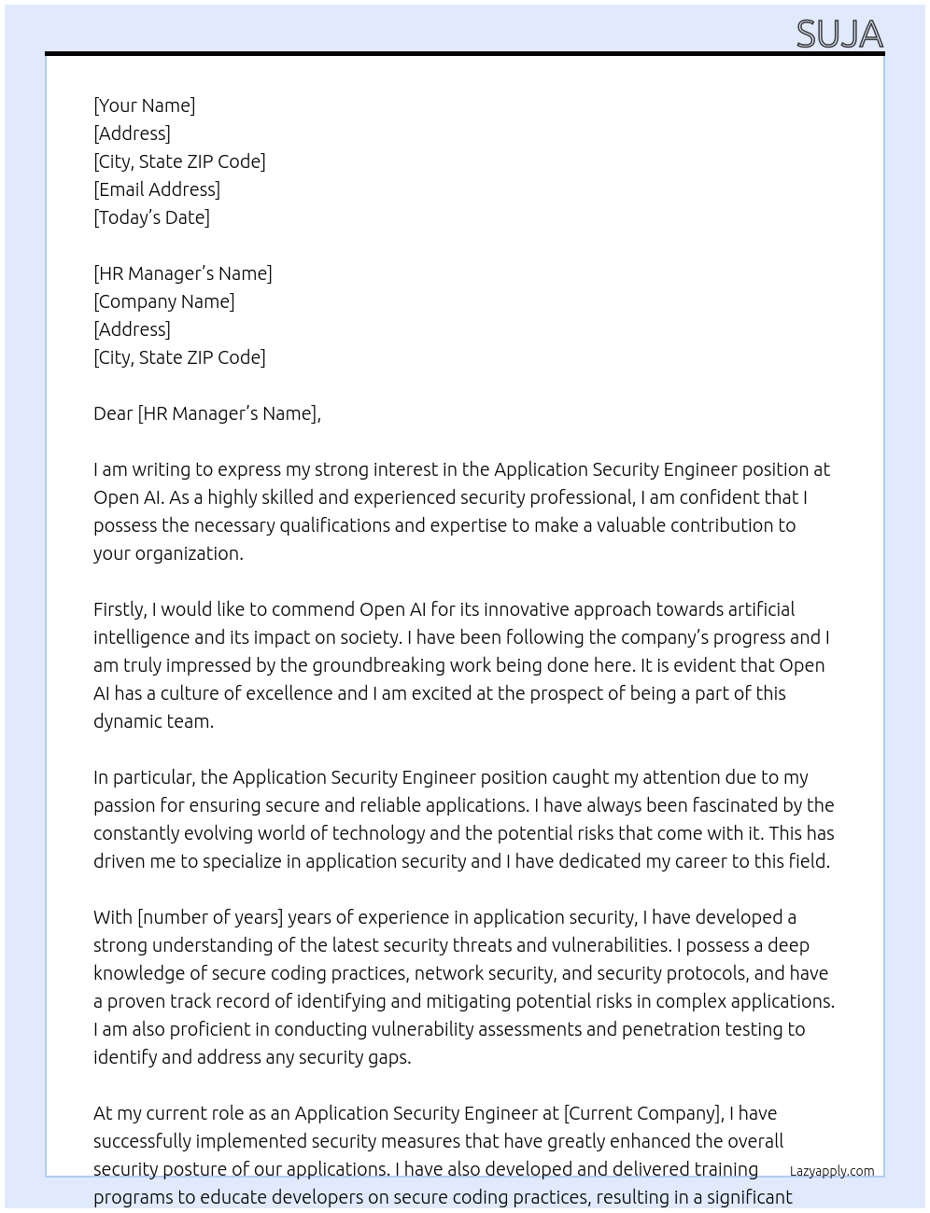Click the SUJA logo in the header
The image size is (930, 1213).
(839, 35)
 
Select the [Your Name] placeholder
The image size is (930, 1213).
(145, 105)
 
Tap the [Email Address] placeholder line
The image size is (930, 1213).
(157, 189)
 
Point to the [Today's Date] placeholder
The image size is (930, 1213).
(151, 217)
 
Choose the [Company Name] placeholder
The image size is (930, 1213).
(164, 301)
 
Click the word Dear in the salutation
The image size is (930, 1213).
(113, 413)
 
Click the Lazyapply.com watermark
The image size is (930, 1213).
(832, 1171)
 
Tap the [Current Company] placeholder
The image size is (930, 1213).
(643, 1113)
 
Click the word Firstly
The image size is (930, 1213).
(120, 609)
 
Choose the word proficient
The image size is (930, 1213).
(222, 1029)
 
